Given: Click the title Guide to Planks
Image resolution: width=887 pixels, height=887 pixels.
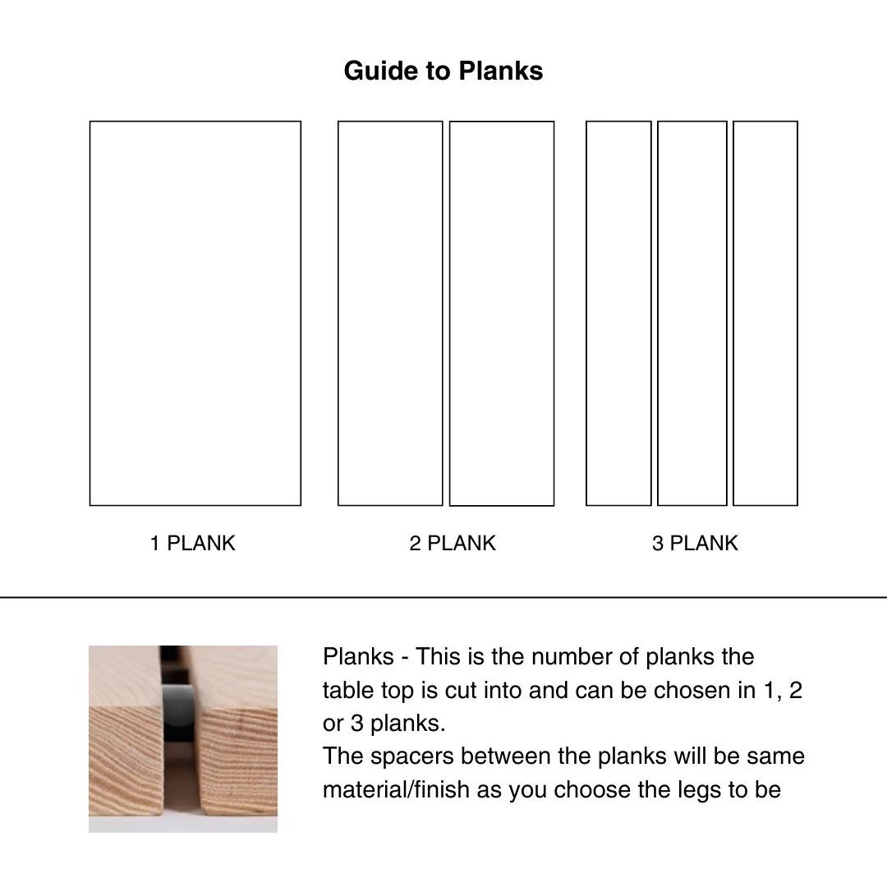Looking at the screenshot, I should [443, 71].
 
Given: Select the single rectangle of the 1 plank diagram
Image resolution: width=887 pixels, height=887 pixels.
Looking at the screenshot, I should [195, 313].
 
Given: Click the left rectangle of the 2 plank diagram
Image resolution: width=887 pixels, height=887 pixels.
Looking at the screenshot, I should [390, 313].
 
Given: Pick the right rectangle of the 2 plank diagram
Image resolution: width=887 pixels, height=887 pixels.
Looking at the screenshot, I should [502, 314].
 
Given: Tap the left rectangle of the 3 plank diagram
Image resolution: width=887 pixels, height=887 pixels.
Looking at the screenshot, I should [618, 313].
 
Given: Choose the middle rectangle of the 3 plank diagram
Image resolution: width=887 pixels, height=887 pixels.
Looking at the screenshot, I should [692, 313].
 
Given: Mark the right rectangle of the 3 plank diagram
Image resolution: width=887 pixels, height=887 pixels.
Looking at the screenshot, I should [765, 313].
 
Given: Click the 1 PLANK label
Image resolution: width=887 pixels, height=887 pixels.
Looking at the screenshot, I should [193, 543].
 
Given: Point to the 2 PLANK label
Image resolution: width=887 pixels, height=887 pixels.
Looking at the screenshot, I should [453, 543].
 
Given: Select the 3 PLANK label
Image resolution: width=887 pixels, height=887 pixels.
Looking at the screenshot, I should [695, 543].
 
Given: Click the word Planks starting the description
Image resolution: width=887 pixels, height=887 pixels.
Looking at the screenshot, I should [358, 657].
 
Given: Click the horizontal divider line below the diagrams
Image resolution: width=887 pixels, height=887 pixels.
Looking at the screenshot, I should [443, 597].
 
